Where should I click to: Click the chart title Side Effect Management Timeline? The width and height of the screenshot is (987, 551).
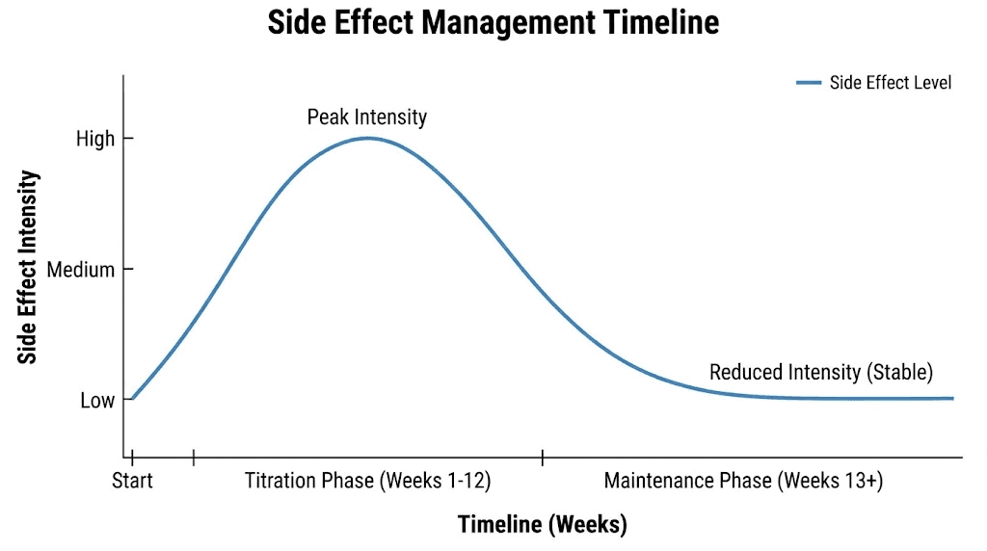point(493,23)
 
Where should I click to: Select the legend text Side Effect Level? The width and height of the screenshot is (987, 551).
point(890,83)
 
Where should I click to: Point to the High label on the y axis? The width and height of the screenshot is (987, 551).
point(95,139)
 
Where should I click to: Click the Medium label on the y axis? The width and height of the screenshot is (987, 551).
point(81,270)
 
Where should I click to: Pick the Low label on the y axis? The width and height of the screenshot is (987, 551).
point(97,401)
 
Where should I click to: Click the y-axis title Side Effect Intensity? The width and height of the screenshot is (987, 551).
point(29,268)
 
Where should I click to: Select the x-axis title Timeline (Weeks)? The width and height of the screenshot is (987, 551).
point(542,524)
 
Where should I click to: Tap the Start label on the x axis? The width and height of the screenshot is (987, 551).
point(133,480)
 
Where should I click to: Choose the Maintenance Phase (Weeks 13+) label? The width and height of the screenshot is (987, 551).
point(743,480)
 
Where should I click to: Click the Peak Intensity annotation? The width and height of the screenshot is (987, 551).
point(366,118)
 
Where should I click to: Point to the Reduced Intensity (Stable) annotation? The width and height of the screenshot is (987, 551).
point(821,372)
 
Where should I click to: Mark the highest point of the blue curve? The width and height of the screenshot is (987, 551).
point(367,138)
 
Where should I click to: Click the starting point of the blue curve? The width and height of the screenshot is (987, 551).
point(133,398)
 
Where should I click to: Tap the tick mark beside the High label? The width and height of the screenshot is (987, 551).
point(127,139)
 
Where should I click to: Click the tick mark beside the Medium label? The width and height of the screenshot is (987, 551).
point(127,270)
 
